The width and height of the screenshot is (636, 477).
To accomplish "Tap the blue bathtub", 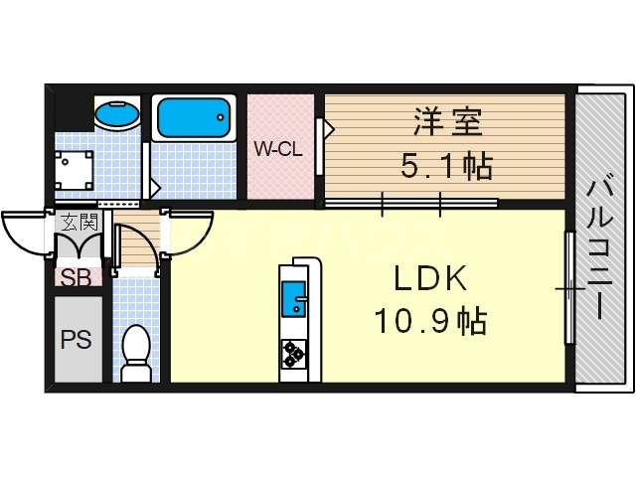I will pos(194,119).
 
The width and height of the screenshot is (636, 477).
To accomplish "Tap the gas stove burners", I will pos(294,352).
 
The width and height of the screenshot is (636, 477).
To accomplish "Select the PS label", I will pos(77,340).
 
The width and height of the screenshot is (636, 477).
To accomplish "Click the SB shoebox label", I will pos(77,277).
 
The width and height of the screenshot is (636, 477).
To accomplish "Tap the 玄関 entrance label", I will pos(79,221).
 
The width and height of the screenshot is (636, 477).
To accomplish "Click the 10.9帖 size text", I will pos(430,321).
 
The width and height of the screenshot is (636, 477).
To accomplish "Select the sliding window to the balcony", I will pos(569,288).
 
